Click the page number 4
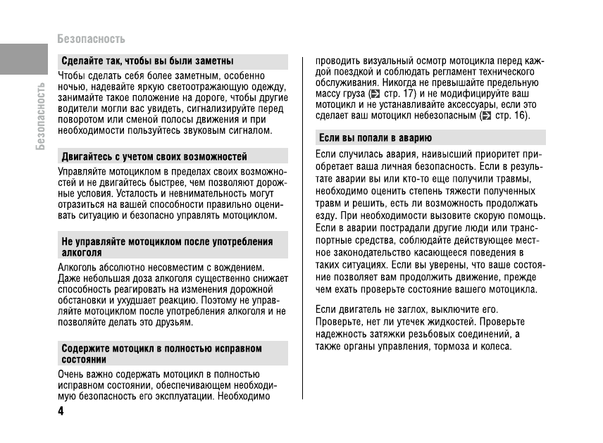(61, 411)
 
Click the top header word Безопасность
(92, 39)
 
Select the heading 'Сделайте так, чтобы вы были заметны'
(147, 61)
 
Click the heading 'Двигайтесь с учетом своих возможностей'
(154, 156)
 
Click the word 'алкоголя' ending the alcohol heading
(82, 251)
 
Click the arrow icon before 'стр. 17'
(375, 93)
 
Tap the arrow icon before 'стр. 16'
(485, 116)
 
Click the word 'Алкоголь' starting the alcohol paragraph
(77, 267)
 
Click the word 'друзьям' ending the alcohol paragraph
(175, 322)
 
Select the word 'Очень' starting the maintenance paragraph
(72, 374)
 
